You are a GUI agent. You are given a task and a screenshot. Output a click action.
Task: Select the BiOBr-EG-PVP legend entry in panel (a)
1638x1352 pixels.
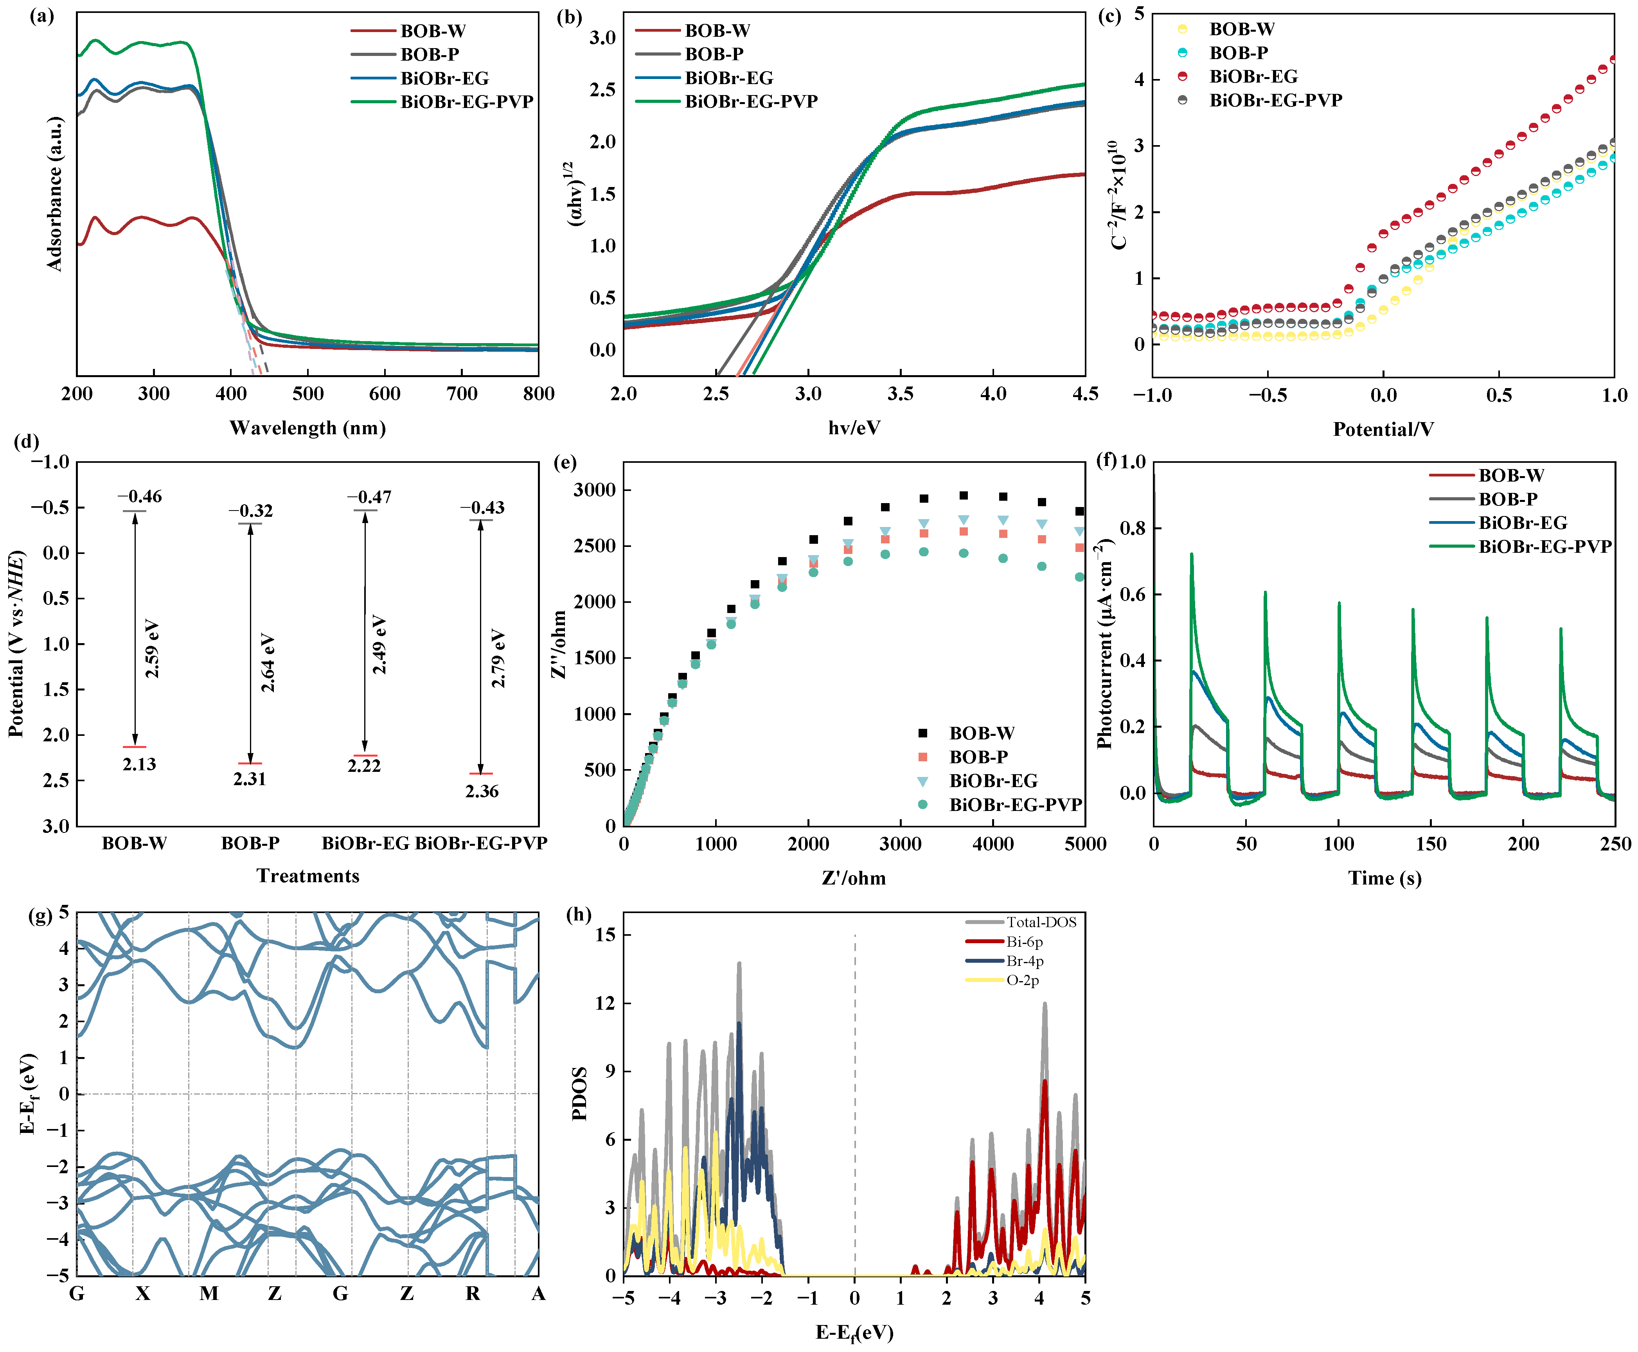(x=466, y=102)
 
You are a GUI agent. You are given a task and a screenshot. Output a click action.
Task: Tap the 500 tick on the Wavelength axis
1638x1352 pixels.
(x=307, y=394)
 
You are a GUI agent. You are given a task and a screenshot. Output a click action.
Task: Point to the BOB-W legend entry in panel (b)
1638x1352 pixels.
(x=717, y=31)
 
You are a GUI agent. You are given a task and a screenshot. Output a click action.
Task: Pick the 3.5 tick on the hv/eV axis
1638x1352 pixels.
(x=901, y=394)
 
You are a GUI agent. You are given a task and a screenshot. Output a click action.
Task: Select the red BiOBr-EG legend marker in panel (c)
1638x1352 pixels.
(x=1182, y=76)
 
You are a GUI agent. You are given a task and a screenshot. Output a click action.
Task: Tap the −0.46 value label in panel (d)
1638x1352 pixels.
(x=140, y=496)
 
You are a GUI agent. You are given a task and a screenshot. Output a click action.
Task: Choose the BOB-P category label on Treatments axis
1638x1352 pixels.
(x=250, y=843)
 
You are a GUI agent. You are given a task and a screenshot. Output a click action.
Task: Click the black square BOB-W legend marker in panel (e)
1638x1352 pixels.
(x=923, y=733)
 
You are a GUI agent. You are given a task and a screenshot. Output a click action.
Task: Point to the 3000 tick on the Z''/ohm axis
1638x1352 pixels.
(x=594, y=490)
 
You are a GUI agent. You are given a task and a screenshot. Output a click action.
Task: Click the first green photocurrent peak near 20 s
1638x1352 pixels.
(x=1191, y=554)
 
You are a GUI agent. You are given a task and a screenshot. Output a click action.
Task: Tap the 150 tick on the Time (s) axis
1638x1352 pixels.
(x=1431, y=844)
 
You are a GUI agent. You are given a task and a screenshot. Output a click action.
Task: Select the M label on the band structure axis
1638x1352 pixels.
(x=209, y=1294)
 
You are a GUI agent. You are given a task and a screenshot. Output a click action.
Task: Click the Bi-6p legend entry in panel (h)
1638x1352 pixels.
(x=1023, y=942)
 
